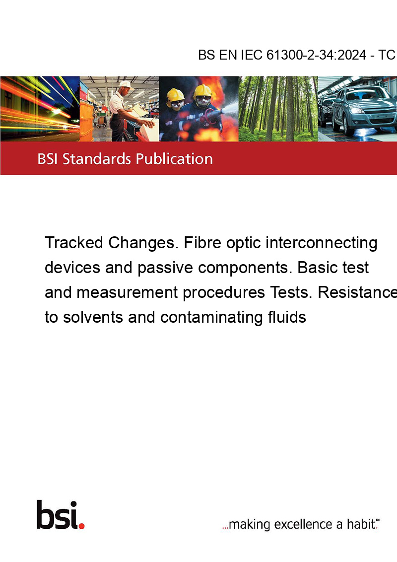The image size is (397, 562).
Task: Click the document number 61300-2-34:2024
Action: coord(317,55)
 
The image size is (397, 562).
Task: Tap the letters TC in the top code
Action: coord(387,55)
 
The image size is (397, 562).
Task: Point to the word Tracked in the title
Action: coord(74,243)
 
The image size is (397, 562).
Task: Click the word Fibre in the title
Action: coord(203,243)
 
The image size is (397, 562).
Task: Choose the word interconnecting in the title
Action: coord(322,243)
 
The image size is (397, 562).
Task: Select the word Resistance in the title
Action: coord(357,292)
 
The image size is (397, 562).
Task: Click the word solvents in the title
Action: coord(93,317)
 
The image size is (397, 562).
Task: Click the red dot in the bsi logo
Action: coord(81,526)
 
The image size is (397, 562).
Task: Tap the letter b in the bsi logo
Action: coord(45,515)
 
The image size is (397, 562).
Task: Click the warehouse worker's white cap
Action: coord(125,84)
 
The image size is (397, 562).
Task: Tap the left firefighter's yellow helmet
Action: coord(175,95)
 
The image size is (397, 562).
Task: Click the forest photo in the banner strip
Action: coord(278,109)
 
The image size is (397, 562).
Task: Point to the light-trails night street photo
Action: coord(40,109)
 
